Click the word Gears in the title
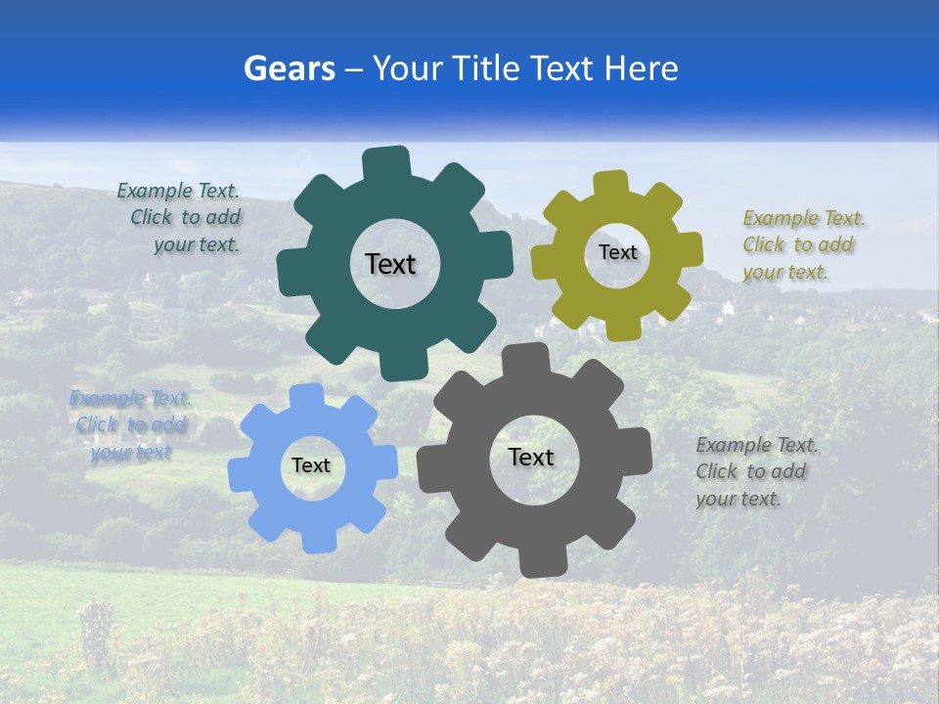[x=289, y=68]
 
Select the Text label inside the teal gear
[x=390, y=264]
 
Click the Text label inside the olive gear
[x=617, y=252]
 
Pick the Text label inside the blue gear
[x=311, y=465]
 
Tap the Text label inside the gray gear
[x=530, y=457]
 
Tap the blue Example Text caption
[x=130, y=424]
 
